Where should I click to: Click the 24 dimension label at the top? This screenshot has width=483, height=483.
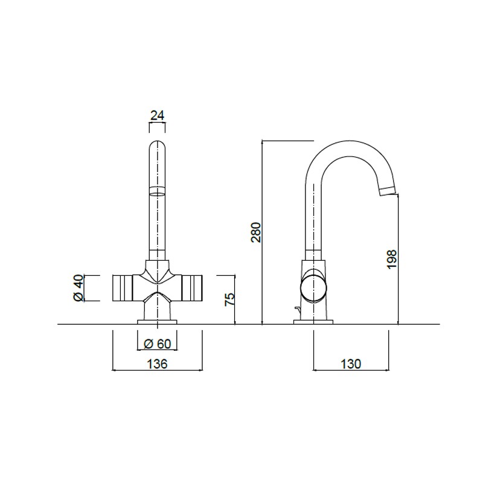[158, 115]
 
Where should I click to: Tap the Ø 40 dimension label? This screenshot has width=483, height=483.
[78, 288]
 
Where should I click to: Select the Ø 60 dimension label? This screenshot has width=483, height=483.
[158, 344]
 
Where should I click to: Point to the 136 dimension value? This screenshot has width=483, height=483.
[157, 364]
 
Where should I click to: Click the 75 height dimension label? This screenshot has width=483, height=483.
[230, 299]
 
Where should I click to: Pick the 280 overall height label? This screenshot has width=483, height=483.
[256, 232]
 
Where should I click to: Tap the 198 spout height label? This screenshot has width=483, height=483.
[392, 259]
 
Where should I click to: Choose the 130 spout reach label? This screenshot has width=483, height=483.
[351, 364]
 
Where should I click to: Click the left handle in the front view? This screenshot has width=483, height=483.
[123, 288]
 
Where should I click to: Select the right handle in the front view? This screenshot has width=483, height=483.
[192, 288]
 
